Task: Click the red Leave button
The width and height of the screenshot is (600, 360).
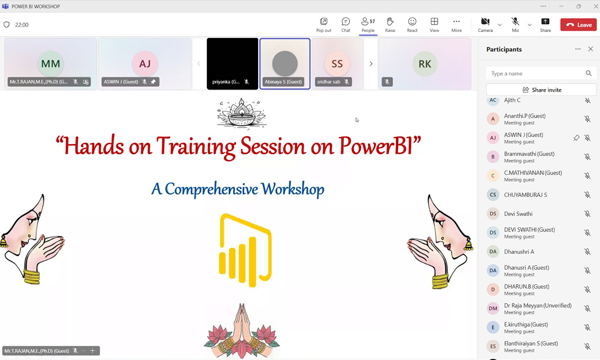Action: coord(578,24)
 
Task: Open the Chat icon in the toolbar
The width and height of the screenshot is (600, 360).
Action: coord(345,25)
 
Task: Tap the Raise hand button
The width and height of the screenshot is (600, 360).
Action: coord(390,25)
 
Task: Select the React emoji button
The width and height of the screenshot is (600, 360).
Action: coord(412,25)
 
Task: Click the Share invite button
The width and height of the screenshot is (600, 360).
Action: coord(541,89)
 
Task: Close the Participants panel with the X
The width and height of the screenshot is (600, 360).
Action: coord(590,49)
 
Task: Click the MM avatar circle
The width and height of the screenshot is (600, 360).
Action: coord(50,64)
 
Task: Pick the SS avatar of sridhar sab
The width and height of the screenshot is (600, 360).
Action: coord(337,64)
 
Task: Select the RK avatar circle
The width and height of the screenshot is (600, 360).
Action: coord(425,64)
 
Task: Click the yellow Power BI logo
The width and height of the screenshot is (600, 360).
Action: coord(245,250)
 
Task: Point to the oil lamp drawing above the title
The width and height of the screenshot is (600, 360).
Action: coord(241,113)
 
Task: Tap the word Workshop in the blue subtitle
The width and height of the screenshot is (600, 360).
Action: coord(292,189)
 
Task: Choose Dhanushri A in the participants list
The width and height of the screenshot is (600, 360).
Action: coord(519,251)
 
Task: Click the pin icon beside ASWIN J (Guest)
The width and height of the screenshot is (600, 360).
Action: coord(576,137)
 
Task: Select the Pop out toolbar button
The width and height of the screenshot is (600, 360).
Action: coord(323,25)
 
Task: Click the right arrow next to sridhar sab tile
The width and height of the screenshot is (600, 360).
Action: coord(371,64)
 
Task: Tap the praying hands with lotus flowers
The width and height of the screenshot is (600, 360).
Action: coord(241,331)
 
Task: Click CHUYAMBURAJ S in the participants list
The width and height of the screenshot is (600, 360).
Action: coord(525,194)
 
